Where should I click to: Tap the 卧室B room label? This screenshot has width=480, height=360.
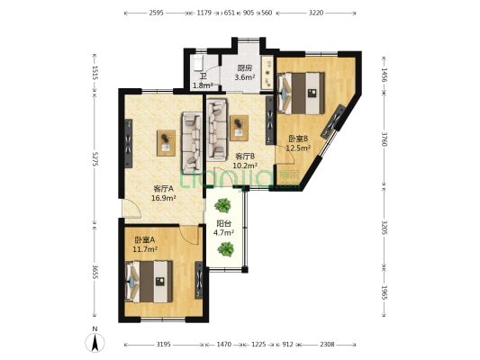coord(298,139)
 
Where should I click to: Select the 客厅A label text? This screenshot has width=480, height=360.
coord(162,189)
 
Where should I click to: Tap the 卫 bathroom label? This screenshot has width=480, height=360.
coord(203,76)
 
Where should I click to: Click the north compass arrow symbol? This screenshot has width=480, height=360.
coord(95,342)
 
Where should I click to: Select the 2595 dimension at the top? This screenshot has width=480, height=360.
coord(156,13)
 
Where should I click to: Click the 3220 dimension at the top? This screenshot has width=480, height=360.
coord(315,13)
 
